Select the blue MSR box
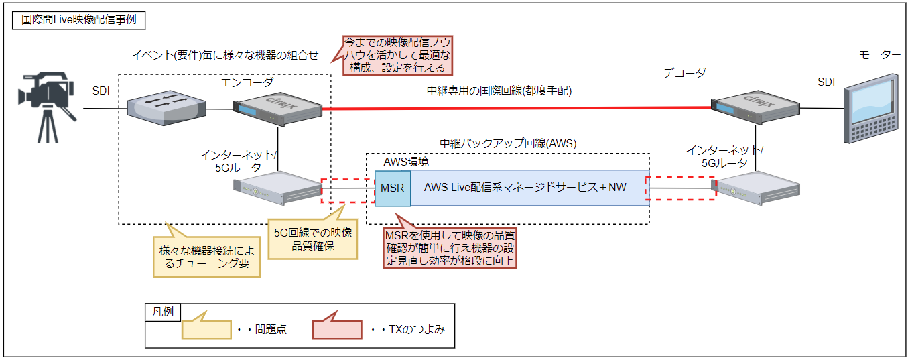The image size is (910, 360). (x=392, y=188)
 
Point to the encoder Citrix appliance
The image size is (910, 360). (x=276, y=108)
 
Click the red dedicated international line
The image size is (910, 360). (x=516, y=107)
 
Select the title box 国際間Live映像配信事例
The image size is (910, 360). (x=79, y=19)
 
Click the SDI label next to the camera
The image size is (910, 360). (x=101, y=89)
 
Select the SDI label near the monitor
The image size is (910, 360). (x=826, y=82)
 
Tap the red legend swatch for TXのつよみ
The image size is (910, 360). (x=337, y=330)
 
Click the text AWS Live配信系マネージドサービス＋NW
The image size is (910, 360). (x=525, y=188)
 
